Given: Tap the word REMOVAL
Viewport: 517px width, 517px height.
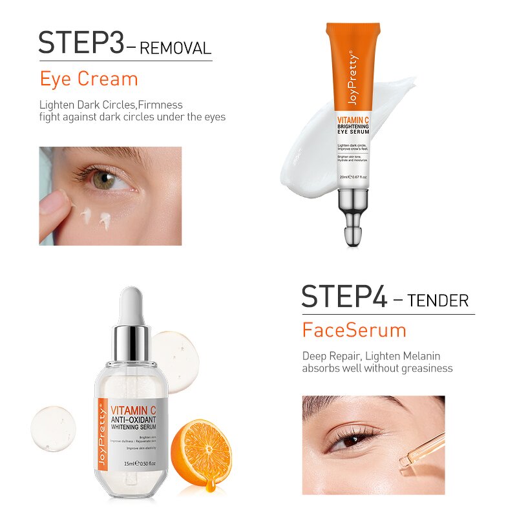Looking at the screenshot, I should pos(175,48).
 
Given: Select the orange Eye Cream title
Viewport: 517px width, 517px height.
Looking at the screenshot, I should pos(89,79).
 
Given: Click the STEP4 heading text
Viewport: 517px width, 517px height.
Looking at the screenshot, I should pos(344,296).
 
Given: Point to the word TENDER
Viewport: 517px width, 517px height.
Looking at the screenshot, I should pos(438,301).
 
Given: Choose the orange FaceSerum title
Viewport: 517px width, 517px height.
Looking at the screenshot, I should pos(354,330).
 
